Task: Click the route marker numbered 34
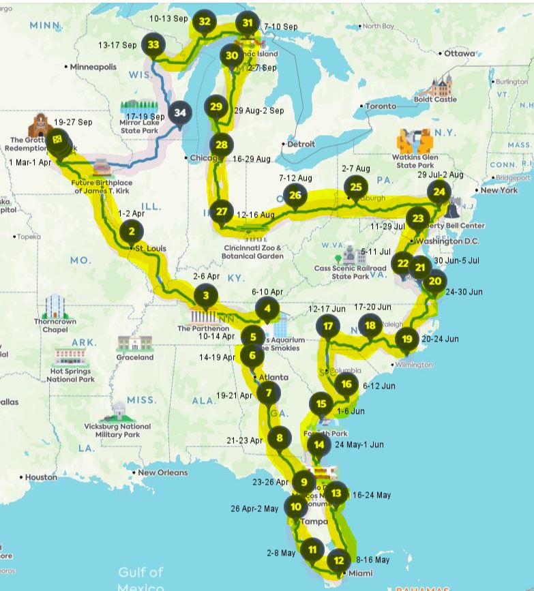(x=180, y=112)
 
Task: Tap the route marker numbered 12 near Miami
(x=339, y=560)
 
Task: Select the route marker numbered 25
(x=355, y=186)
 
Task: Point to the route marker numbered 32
(x=204, y=21)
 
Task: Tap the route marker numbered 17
(x=329, y=326)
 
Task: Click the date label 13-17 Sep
(x=117, y=45)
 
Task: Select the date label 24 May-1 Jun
(x=359, y=444)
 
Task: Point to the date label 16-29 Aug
(x=252, y=159)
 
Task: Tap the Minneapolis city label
(x=93, y=67)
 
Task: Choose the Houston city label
(x=41, y=477)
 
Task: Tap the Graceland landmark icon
(x=135, y=343)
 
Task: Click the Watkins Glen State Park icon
(x=415, y=141)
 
